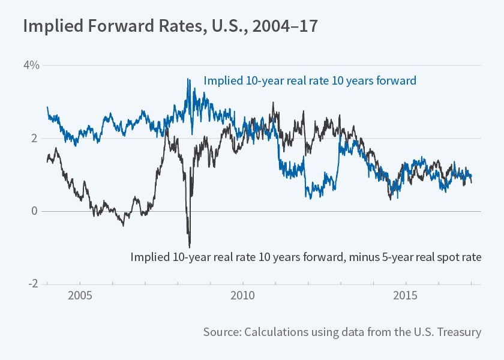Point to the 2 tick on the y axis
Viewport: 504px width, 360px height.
[35, 138]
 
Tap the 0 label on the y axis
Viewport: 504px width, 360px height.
[35, 211]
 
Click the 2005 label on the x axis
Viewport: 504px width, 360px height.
[79, 297]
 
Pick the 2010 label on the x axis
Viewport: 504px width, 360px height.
[242, 297]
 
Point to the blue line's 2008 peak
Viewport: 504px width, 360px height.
[188, 79]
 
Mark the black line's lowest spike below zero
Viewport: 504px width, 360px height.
[190, 247]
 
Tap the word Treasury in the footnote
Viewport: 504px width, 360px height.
[460, 332]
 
